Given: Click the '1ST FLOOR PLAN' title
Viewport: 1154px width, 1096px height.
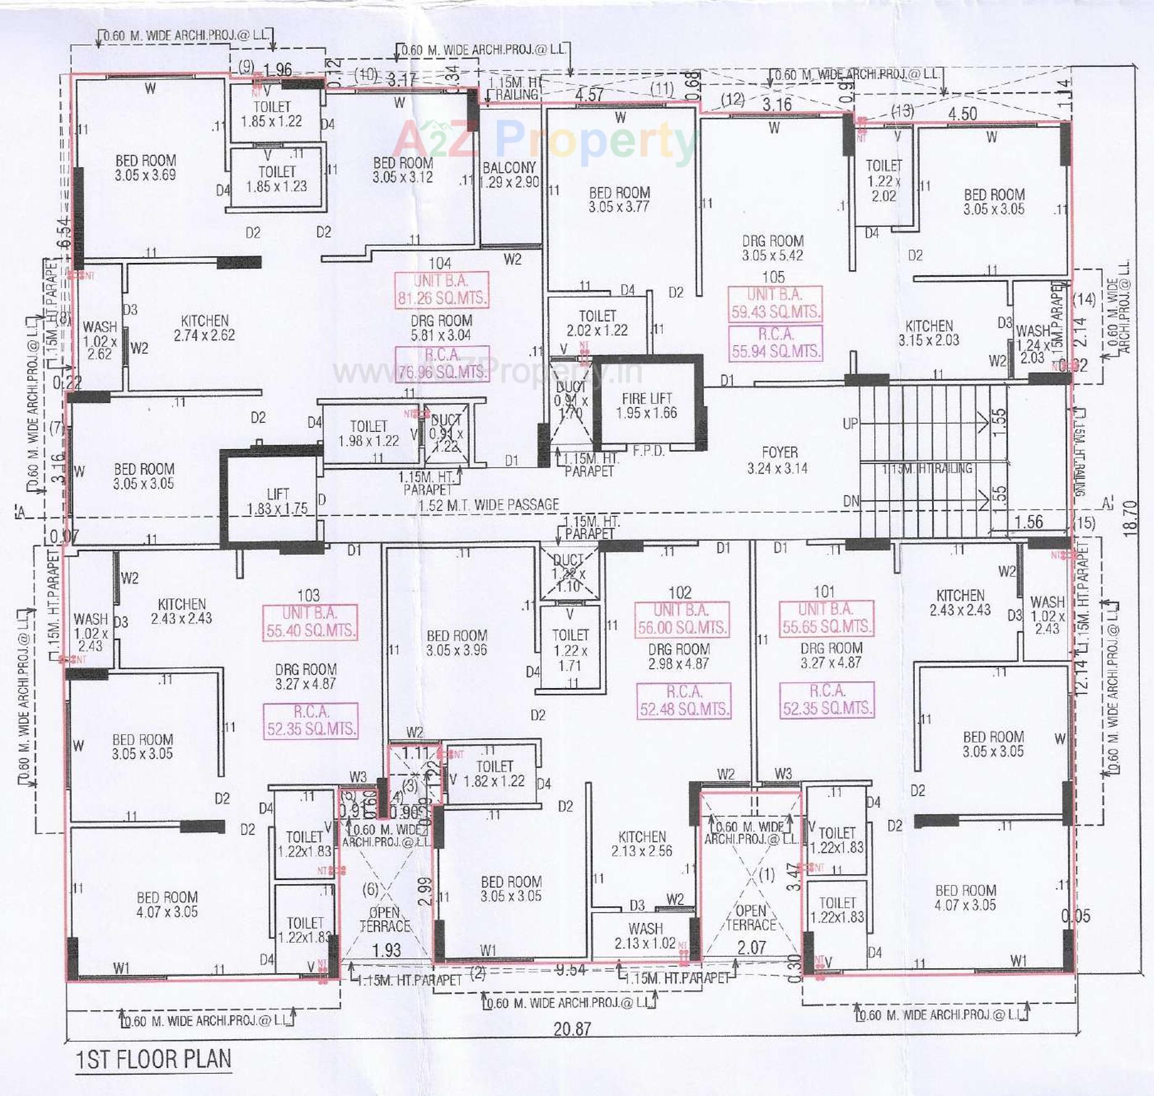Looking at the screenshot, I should click(153, 1058).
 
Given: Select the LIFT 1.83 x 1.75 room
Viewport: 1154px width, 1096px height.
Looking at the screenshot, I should click(277, 501).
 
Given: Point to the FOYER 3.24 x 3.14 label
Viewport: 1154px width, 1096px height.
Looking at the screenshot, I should click(778, 460).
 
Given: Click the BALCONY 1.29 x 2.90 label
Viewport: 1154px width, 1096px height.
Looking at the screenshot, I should click(510, 175).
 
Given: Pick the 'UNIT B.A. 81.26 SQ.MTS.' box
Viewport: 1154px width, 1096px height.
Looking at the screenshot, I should click(441, 290).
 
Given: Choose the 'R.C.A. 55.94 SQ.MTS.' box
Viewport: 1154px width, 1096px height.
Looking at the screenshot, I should click(776, 343).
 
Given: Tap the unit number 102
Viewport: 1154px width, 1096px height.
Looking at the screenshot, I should click(680, 592).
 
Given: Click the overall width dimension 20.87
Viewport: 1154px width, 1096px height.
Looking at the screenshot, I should click(572, 1029).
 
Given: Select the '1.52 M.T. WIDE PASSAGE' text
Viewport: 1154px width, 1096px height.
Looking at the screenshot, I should click(488, 505).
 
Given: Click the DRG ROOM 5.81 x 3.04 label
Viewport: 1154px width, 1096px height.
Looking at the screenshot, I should click(441, 328).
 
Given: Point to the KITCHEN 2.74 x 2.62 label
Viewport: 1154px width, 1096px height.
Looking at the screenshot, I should click(204, 328).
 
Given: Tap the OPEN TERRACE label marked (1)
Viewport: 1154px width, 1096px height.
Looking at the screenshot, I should click(750, 917).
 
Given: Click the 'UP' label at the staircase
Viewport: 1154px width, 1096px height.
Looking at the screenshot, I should click(851, 423).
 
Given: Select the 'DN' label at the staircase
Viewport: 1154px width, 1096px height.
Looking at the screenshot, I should click(851, 501).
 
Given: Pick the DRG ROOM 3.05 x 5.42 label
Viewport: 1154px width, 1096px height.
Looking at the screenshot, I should click(773, 248).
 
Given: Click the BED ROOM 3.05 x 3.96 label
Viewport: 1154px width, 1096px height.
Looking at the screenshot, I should click(456, 642).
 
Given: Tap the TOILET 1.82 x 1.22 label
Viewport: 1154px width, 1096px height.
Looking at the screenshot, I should click(494, 773).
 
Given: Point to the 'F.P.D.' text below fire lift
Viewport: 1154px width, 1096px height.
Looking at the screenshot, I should click(648, 451).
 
